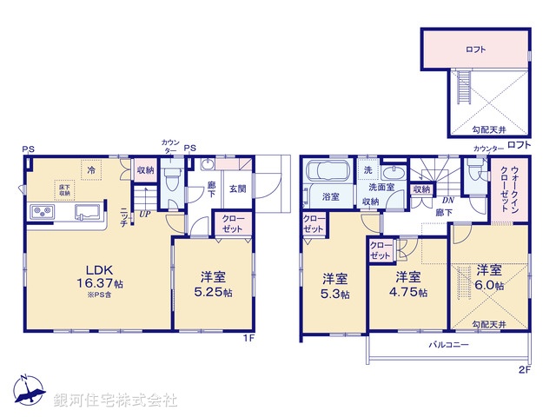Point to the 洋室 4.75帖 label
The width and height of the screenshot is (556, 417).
coord(409,284)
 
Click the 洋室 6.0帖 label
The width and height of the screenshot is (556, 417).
coord(490,277)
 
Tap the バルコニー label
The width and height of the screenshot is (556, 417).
coord(448,345)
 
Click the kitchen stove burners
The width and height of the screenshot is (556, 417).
coord(43,211)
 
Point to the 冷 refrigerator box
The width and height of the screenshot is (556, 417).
coord(91,169)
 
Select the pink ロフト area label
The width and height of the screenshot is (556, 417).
coord(474,50)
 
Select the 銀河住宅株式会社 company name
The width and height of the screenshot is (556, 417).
coord(115,400)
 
